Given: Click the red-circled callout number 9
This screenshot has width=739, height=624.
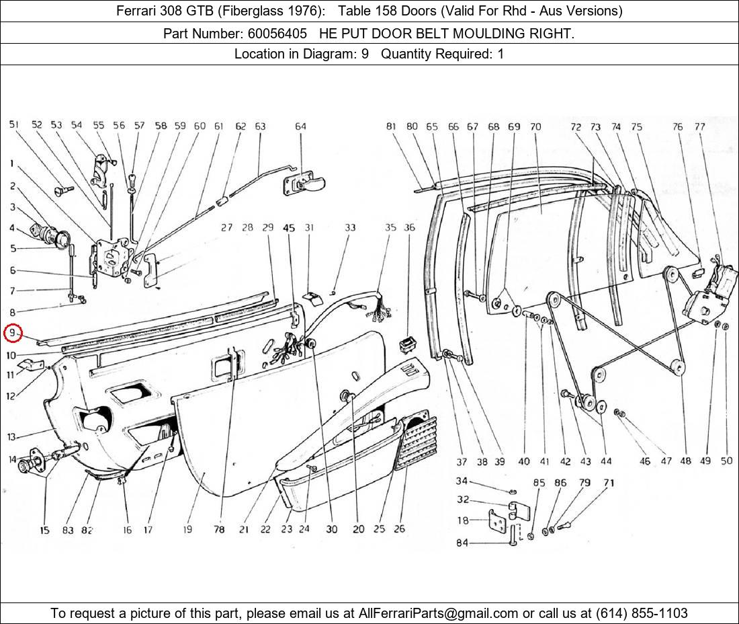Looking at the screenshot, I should tap(12, 333).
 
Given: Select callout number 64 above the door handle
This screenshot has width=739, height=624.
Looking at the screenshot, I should tap(300, 126).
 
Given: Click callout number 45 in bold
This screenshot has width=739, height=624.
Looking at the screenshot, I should tap(289, 228).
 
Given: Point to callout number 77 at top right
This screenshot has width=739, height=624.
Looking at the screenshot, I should tap(700, 126).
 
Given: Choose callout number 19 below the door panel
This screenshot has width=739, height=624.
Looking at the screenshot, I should tap(187, 529).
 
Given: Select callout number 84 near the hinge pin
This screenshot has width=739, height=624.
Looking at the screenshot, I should tap(462, 543).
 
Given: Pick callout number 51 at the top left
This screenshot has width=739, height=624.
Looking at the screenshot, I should tap(14, 124).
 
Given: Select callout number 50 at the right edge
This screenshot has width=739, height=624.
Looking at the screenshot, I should tap(726, 461).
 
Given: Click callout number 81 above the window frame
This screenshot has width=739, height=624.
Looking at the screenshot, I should tap(392, 126).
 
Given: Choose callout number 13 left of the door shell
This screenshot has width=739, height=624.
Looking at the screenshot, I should tap(11, 437).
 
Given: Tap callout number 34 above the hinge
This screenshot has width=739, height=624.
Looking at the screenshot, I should tap(462, 481).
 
